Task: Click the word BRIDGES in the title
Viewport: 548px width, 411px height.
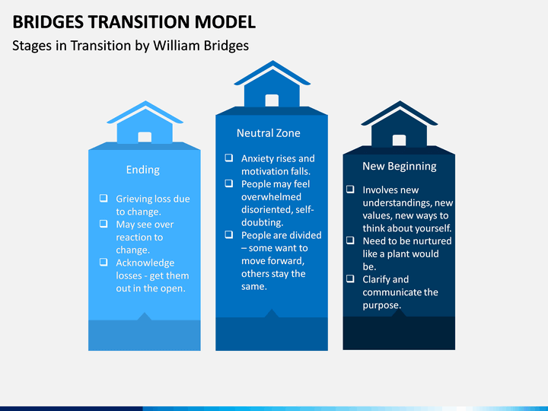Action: coord(48,21)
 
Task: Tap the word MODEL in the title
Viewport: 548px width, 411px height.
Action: coord(225,21)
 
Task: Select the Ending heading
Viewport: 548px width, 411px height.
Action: coord(143,170)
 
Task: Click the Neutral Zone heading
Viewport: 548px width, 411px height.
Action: coord(269,133)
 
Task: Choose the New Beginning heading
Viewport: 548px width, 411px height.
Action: coord(400,167)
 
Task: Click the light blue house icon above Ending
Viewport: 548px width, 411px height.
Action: coord(145,123)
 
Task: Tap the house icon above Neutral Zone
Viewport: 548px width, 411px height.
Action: coord(272,84)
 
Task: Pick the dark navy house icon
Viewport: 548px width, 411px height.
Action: coord(400,123)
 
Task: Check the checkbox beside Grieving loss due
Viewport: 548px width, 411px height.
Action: coord(104,198)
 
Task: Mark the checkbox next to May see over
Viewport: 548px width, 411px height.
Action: coord(104,224)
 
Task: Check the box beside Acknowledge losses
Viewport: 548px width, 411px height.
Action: coord(104,262)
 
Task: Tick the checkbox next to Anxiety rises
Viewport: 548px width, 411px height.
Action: coord(229,158)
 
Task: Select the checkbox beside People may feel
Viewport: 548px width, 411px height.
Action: coord(229,183)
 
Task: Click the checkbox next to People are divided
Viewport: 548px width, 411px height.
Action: coord(229,234)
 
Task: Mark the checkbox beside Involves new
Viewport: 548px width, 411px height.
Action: coord(350,190)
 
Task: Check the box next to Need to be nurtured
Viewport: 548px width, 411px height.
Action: coord(350,241)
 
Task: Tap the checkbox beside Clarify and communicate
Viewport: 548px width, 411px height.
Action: coord(350,279)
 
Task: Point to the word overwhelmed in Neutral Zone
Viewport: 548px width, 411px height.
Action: coord(271,197)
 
